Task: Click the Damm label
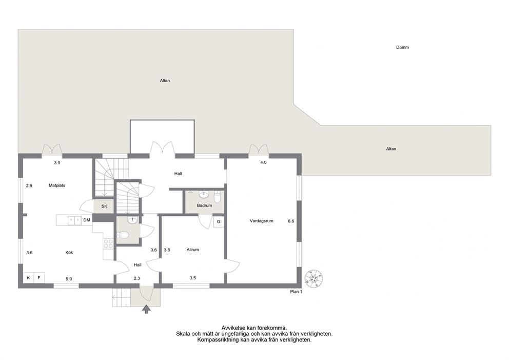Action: pos(402,47)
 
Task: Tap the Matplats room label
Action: pos(57,185)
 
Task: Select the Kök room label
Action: pos(69,253)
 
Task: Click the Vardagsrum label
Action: pos(261,221)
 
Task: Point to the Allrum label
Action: pos(192,250)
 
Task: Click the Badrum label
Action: pos(205,205)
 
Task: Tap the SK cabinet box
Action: pos(104,206)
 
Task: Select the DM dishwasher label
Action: pos(87,220)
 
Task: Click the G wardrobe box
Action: pos(219,222)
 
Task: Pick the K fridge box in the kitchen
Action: pos(29,278)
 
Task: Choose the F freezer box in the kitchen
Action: pos(39,278)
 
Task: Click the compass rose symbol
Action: pos(314,278)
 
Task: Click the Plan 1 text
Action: pos(296,292)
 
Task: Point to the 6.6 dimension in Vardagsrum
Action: pos(291,221)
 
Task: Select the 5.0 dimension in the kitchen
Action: pos(69,279)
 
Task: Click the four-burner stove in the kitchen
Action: pos(108,244)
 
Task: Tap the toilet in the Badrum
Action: pos(217,197)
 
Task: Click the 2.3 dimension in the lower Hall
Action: pos(137,278)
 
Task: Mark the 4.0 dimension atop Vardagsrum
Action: pos(263,162)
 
